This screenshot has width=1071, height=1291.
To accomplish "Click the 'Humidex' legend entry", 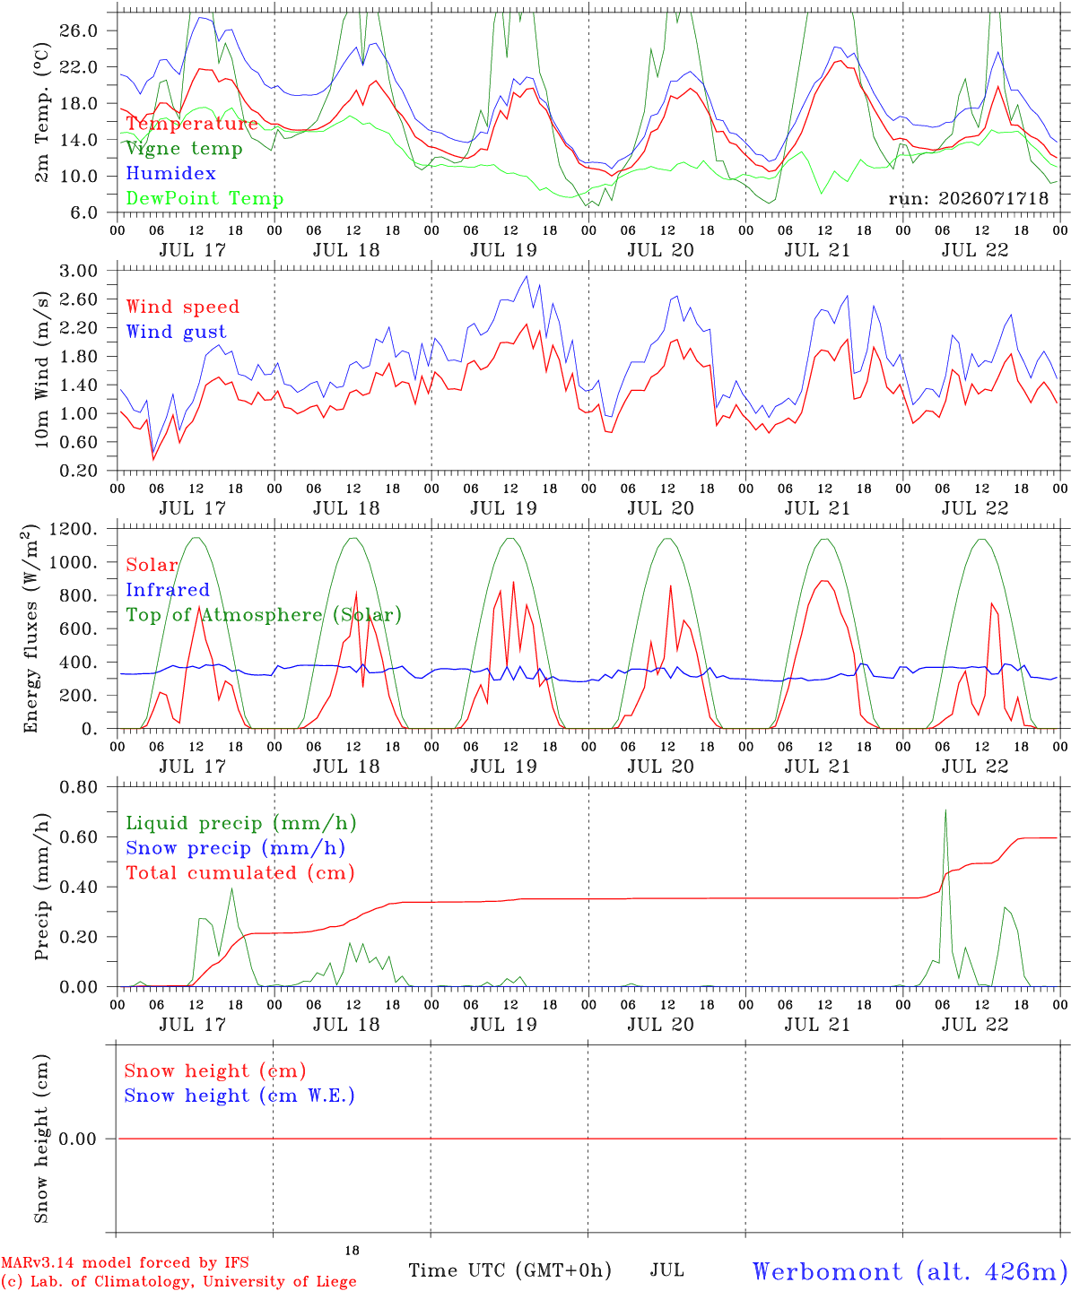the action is tap(170, 173).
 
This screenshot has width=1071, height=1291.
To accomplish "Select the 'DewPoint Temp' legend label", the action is tap(205, 198).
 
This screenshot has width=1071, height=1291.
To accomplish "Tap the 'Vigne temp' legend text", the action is tap(185, 149).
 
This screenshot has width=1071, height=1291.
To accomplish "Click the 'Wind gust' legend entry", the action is tap(177, 332).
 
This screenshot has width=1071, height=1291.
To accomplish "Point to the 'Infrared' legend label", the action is tap(168, 590).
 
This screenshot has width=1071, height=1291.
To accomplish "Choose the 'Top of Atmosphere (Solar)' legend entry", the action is tap(265, 615).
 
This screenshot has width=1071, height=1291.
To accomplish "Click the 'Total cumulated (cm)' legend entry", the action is tap(240, 873).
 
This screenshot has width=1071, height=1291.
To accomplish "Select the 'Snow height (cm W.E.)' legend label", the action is tap(239, 1096).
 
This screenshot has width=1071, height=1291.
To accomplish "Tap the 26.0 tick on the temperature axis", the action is tap(79, 30).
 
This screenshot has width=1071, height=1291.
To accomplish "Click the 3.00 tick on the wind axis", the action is tap(79, 271).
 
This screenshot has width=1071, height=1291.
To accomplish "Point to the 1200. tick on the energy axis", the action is tap(74, 529).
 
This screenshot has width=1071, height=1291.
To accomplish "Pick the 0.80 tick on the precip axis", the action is tap(79, 787).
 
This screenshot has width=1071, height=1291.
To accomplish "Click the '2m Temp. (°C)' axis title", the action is tap(41, 113).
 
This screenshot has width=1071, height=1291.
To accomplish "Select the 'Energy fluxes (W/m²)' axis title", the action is tap(30, 628).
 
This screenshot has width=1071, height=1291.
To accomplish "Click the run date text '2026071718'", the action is tap(993, 198).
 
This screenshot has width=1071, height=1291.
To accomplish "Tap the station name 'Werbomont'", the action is tap(827, 1272).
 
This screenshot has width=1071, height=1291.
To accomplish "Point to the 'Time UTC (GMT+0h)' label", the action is tap(509, 1270).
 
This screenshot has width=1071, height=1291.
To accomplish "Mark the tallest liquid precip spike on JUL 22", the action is tap(945, 810).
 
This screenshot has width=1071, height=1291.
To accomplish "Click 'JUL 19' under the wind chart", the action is tap(503, 508).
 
